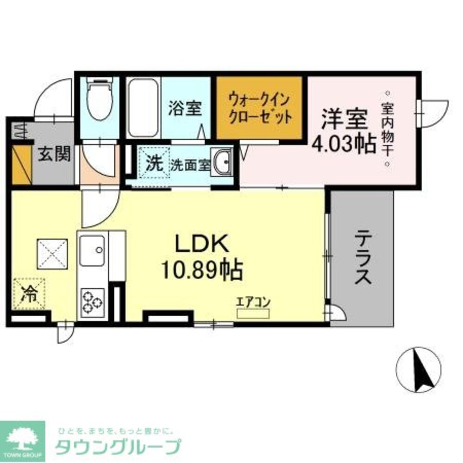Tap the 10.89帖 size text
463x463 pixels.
pos(202,269)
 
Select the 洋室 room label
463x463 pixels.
pos(345,119)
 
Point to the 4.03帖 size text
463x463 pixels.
pos(344,144)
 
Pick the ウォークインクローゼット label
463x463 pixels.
pos(260,107)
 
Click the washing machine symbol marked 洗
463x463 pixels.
pos(154,163)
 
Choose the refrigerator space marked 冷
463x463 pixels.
pos(30,293)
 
